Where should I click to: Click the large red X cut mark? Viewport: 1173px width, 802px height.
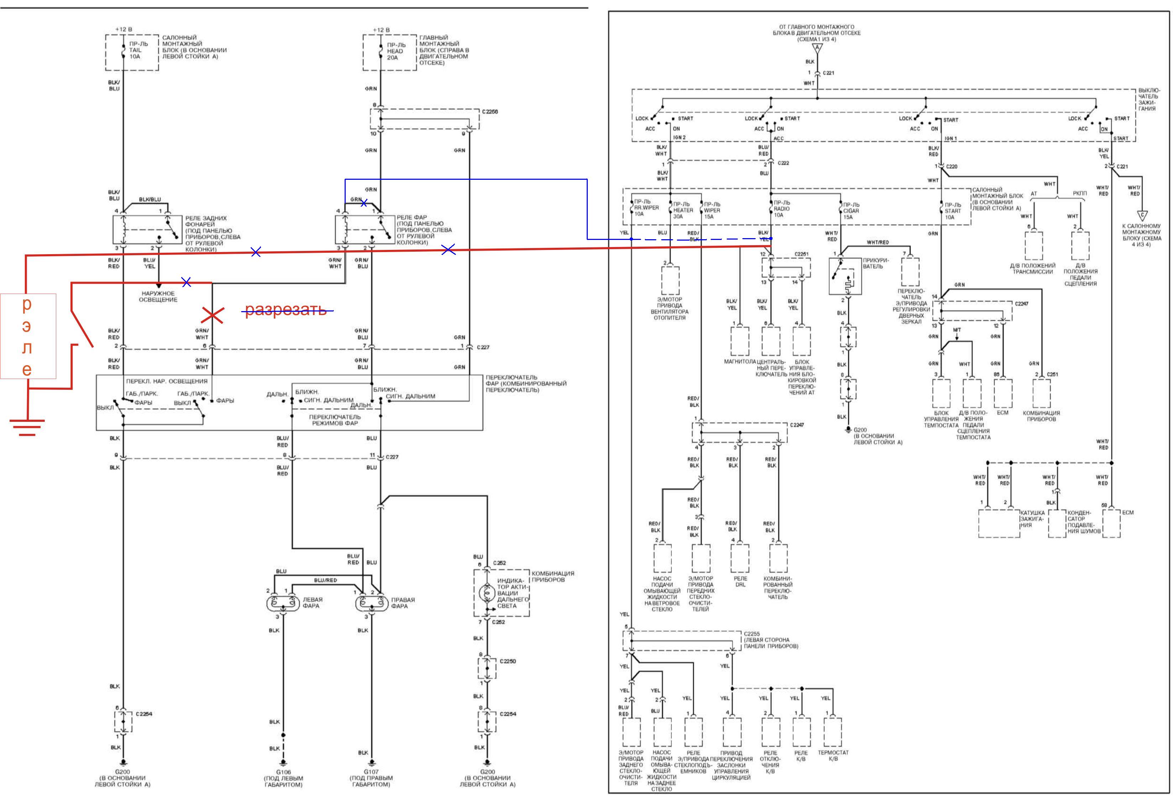(x=213, y=315)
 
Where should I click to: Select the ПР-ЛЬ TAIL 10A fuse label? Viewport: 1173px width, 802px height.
(x=135, y=50)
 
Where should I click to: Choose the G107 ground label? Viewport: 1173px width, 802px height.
(x=371, y=772)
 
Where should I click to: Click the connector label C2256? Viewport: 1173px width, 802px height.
(x=489, y=111)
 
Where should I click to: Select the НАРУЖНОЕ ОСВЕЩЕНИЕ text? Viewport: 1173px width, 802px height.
(x=158, y=296)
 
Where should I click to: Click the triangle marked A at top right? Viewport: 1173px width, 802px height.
(x=817, y=48)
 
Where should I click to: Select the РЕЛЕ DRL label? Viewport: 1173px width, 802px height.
(x=740, y=581)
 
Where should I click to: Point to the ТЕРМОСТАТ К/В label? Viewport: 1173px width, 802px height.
(x=833, y=756)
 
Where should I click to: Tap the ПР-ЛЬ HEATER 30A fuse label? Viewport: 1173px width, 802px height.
(x=682, y=210)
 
